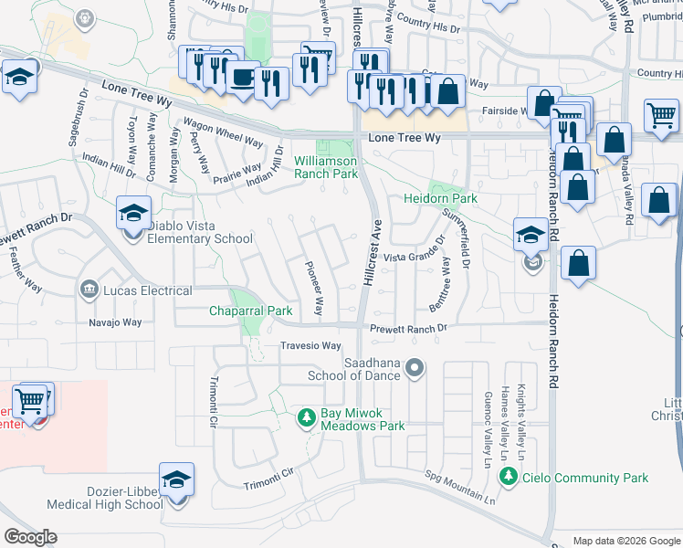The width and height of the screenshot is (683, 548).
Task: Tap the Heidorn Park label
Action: point(441,198)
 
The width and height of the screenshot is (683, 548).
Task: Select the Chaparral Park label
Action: point(251,311)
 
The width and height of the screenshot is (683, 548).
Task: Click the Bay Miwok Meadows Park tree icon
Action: point(308,419)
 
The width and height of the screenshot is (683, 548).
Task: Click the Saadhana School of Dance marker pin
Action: point(415,369)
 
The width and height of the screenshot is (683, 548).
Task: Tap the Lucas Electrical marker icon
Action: point(89,290)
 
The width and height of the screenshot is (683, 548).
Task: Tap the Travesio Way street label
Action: point(310,346)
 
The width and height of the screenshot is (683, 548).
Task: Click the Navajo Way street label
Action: point(115,322)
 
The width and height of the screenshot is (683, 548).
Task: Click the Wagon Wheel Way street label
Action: point(223,134)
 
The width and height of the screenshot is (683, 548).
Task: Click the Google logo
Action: point(31,537)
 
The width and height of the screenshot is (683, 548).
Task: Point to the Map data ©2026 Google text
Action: point(625,541)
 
